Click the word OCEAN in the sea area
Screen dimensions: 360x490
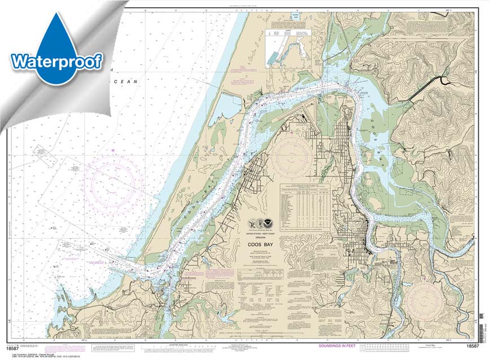126,82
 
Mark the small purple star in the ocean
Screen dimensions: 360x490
112,150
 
